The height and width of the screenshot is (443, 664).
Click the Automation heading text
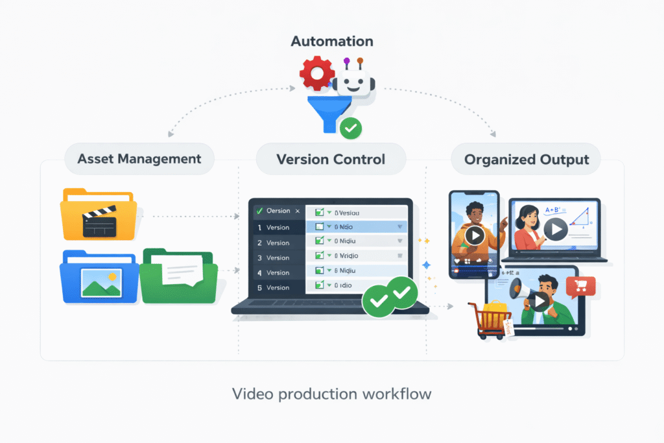[332, 42]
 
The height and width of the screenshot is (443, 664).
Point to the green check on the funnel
[351, 128]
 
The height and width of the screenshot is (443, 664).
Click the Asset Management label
[139, 159]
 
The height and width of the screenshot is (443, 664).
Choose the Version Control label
[331, 159]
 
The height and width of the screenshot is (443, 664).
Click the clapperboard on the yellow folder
[99, 225]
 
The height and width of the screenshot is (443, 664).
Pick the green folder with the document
[179, 276]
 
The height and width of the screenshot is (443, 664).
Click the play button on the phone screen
[475, 235]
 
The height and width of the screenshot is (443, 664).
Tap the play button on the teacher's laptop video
[555, 228]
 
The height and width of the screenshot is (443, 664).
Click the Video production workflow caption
[331, 394]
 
